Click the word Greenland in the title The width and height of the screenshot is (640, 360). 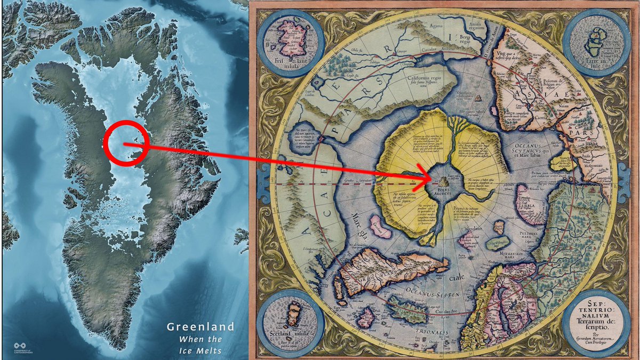pos(201,326)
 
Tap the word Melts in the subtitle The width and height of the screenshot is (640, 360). pos(210,350)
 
